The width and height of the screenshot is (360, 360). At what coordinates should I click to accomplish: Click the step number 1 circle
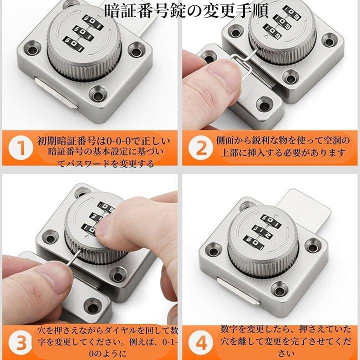[20, 147]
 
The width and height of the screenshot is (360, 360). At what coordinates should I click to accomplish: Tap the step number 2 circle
[200, 147]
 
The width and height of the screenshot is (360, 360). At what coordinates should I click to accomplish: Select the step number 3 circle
[20, 342]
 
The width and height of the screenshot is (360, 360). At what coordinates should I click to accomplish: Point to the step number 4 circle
[200, 342]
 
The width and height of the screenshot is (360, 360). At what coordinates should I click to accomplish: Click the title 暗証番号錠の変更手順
[186, 10]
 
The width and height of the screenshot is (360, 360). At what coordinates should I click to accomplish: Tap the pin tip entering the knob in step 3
[81, 250]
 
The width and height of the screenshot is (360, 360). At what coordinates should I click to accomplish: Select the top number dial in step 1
[93, 22]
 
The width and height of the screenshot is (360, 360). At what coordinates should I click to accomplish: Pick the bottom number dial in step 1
[73, 44]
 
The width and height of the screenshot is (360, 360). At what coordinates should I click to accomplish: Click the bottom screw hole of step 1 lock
[98, 95]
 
